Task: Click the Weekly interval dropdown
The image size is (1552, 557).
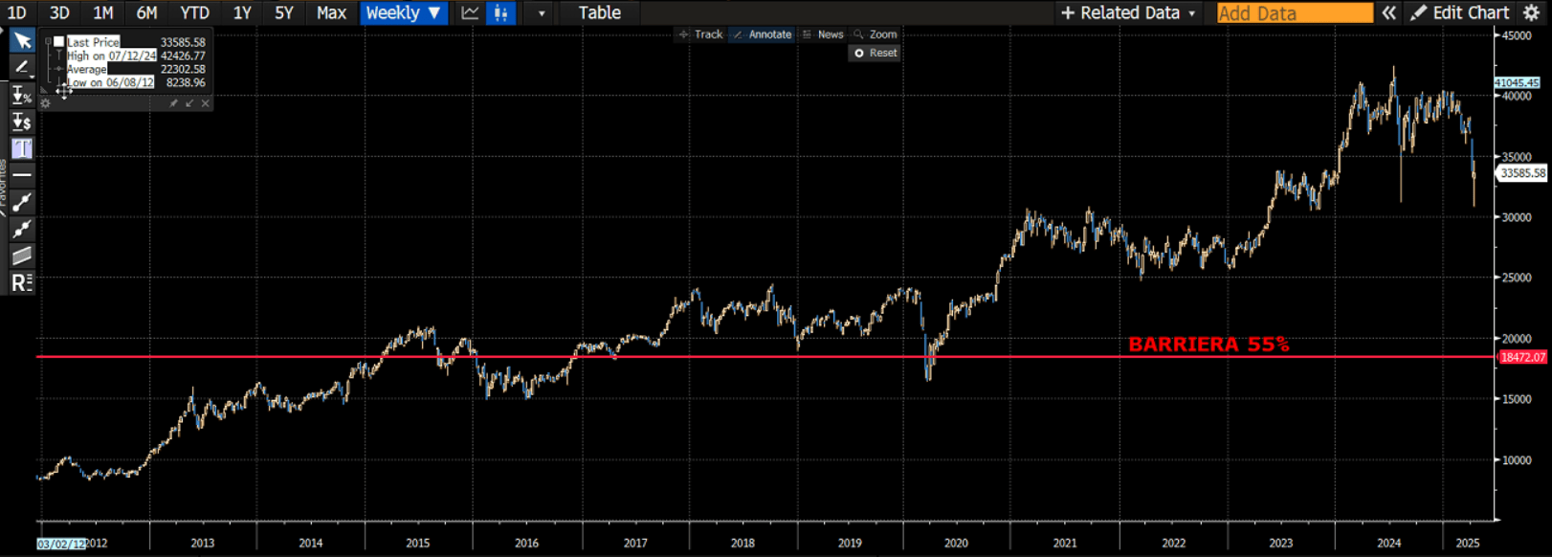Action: point(403,13)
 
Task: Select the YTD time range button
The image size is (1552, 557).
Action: point(194,13)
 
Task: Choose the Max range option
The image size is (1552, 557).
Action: point(331,13)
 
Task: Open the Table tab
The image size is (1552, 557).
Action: point(599,13)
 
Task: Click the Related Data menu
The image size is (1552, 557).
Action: point(1129,13)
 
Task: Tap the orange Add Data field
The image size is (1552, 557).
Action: point(1294,13)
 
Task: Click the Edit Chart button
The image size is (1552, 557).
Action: point(1460,13)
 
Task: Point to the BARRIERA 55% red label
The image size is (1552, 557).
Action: point(1208,345)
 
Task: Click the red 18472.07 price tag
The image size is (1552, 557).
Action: point(1522,357)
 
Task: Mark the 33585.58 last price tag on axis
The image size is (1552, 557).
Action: point(1522,173)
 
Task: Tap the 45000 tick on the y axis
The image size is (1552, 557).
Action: point(1517,36)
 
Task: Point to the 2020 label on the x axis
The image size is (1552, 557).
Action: point(956,543)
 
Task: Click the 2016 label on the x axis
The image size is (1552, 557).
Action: point(526,543)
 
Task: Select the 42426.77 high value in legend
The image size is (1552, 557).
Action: point(183,56)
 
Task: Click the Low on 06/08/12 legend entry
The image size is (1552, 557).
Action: point(110,82)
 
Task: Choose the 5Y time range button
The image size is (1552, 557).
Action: point(284,13)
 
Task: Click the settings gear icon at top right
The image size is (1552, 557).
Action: point(1531,13)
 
